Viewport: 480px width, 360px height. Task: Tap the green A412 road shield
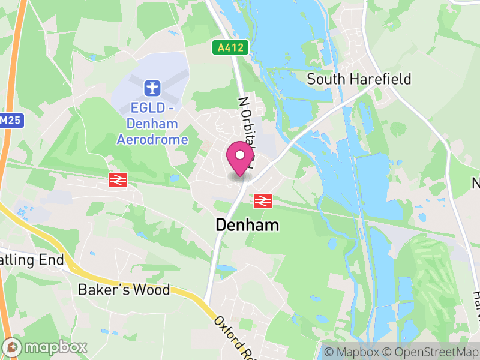(x=230, y=48)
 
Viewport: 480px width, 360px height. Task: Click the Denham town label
(x=247, y=226)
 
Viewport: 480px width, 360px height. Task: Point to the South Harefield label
(x=359, y=79)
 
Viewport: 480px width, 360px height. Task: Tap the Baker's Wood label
(x=124, y=290)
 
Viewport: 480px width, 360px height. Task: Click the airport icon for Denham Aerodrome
(x=152, y=89)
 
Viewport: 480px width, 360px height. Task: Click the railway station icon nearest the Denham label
(x=262, y=201)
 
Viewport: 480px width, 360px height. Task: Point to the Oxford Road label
(x=231, y=336)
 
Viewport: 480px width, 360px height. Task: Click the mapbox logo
(x=46, y=347)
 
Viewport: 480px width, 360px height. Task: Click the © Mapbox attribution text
(x=352, y=352)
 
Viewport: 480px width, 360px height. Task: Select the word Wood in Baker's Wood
(x=152, y=290)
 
